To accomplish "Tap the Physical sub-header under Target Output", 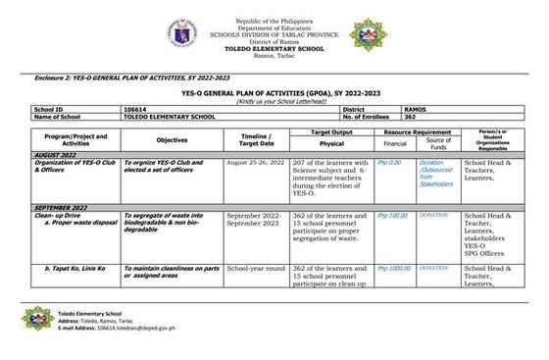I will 331,143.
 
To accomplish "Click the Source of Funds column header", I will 438,140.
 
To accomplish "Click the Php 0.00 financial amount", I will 389,163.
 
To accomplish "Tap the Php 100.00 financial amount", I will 392,215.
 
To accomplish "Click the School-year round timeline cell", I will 256,268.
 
